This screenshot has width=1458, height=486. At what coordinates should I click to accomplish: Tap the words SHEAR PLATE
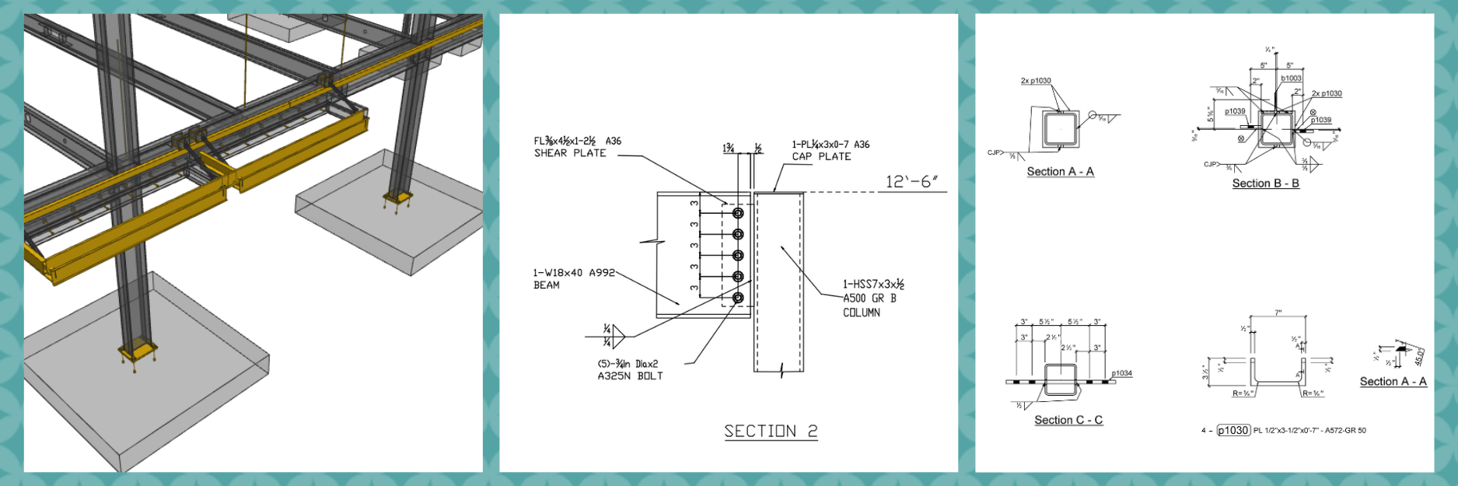click(x=570, y=153)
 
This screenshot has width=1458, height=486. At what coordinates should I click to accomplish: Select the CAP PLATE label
click(x=822, y=156)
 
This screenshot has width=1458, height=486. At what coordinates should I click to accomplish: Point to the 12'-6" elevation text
click(x=911, y=182)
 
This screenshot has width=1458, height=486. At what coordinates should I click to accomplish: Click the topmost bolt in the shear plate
click(x=738, y=213)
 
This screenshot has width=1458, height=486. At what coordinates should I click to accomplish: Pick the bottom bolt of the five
click(x=738, y=297)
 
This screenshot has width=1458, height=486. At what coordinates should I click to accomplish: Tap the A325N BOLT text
click(x=630, y=376)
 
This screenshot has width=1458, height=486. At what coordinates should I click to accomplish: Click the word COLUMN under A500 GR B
click(x=862, y=313)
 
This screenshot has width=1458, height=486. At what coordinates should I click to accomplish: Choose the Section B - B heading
click(x=1265, y=184)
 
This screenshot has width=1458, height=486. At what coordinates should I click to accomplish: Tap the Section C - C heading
click(x=1068, y=420)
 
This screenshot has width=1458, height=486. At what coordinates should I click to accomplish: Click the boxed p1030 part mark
click(x=1233, y=430)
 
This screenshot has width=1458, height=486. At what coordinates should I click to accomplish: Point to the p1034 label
click(x=1121, y=373)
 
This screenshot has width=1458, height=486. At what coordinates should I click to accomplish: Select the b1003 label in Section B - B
click(x=1291, y=79)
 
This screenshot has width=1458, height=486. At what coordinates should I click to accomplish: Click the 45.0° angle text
click(x=1419, y=356)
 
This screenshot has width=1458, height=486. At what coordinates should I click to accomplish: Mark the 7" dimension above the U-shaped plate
click(x=1278, y=313)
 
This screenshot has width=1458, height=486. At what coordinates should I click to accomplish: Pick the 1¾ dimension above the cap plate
click(x=729, y=148)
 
